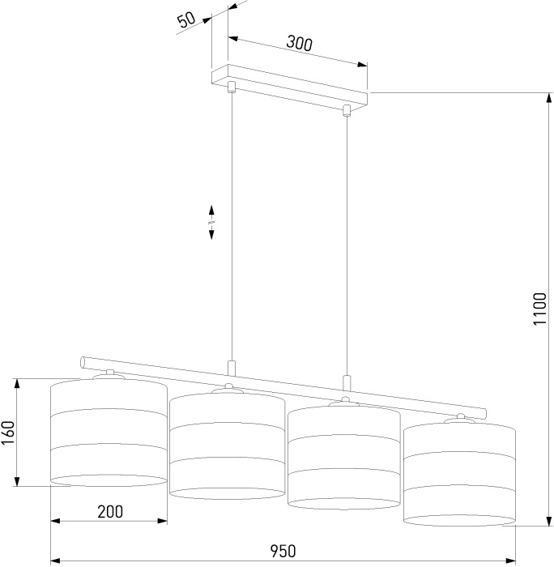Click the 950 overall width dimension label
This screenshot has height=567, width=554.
[x=283, y=551]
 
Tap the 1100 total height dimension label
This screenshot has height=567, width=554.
[x=540, y=309]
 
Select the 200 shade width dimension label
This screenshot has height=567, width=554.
[x=110, y=511]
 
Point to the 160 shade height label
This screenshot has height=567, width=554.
[x=8, y=433]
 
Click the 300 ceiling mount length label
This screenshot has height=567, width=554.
[x=299, y=43]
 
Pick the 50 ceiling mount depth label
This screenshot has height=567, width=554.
[x=186, y=19]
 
